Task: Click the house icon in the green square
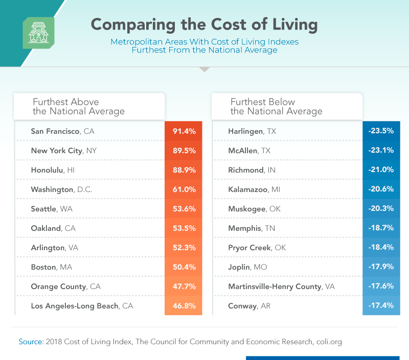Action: [38, 33]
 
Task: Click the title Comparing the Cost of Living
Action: [204, 25]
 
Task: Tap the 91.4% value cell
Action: [184, 131]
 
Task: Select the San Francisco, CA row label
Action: [62, 131]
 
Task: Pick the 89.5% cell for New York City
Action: [184, 151]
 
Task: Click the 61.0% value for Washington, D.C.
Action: [184, 189]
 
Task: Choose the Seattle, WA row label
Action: [52, 209]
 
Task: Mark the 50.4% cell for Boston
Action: [184, 267]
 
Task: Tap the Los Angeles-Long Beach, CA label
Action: [81, 306]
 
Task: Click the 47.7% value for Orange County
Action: [184, 286]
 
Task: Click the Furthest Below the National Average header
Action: [276, 106]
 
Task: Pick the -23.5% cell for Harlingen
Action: [381, 131]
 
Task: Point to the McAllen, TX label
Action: [249, 151]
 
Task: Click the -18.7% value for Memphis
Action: [381, 228]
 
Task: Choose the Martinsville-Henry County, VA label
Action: [281, 286]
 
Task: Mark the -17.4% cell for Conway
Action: [381, 306]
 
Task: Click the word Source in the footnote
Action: [30, 341]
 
